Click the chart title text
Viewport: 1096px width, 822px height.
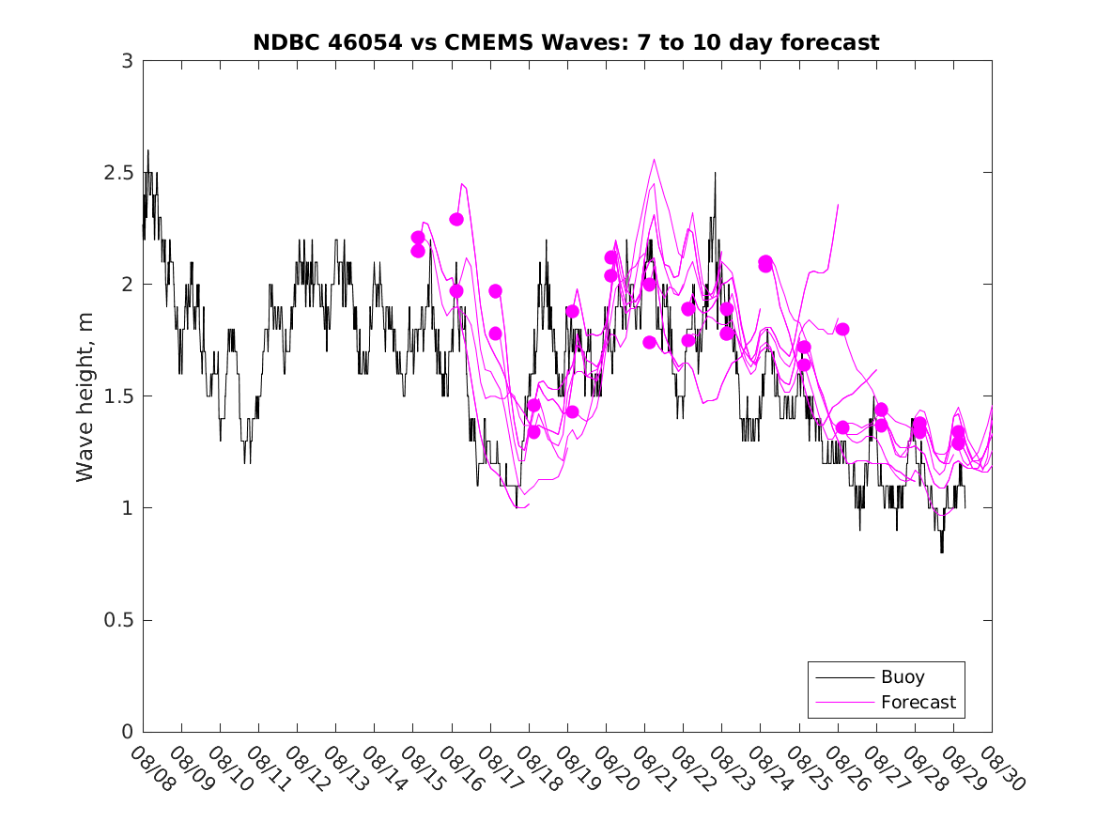(565, 42)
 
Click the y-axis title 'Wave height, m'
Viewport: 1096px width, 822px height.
(85, 396)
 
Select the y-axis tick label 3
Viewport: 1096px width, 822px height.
(126, 61)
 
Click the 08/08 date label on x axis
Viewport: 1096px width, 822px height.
(152, 769)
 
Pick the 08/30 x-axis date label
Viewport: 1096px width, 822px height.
(1001, 769)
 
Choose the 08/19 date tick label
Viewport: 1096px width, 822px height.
(577, 769)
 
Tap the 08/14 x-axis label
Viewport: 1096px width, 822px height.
(383, 769)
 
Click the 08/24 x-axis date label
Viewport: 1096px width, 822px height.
(769, 769)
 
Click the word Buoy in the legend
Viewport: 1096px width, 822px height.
(903, 677)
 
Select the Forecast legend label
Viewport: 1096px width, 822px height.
(918, 702)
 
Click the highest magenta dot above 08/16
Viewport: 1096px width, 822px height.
(456, 219)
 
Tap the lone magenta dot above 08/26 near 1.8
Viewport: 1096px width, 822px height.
(842, 329)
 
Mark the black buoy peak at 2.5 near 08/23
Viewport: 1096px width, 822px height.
(715, 174)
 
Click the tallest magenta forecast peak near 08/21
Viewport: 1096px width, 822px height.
(654, 160)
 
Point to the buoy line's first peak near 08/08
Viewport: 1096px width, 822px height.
(147, 151)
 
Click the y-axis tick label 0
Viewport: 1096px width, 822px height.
(126, 733)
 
